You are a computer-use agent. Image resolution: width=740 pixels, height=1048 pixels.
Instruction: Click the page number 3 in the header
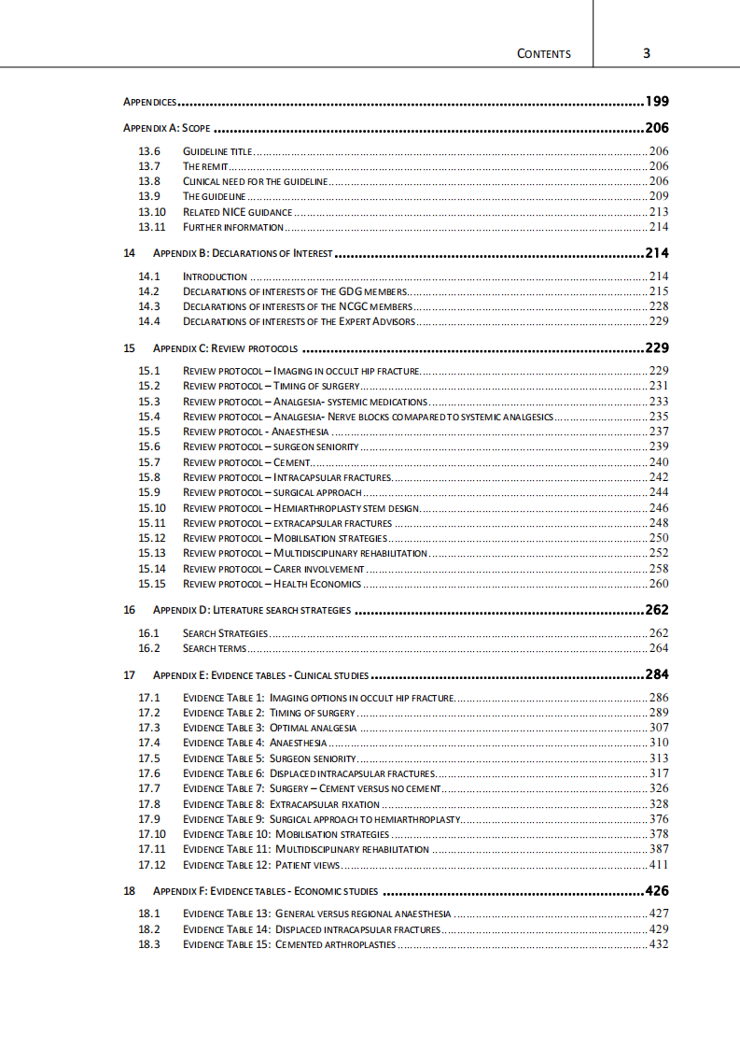[x=647, y=53]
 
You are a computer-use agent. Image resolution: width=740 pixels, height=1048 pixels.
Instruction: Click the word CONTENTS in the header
[x=543, y=54]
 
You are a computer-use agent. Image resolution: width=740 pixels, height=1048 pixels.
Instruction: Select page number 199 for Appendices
[x=657, y=101]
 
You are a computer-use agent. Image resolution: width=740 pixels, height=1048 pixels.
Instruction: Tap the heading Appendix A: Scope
[x=167, y=128]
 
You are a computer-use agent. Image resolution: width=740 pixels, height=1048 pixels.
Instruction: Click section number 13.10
[x=152, y=212]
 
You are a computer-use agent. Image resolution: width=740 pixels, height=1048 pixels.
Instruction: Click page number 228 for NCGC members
[x=659, y=306]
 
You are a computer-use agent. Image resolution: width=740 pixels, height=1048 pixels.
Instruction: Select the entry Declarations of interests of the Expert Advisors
[x=298, y=321]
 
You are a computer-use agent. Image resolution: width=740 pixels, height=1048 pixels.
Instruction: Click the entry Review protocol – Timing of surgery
[x=271, y=386]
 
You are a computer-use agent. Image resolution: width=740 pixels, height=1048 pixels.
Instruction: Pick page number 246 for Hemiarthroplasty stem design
[x=659, y=508]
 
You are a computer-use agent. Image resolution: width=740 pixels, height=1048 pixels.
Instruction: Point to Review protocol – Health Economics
[x=272, y=584]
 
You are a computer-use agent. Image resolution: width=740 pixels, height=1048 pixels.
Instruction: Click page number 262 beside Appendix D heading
[x=657, y=611]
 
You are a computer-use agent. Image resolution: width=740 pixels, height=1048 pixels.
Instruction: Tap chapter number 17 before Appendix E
[x=130, y=674]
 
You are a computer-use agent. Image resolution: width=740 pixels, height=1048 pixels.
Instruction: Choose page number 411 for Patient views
[x=659, y=865]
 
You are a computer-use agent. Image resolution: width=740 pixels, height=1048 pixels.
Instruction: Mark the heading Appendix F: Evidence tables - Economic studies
[x=265, y=891]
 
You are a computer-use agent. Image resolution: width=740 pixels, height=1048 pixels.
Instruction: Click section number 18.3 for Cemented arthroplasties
[x=149, y=944]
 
